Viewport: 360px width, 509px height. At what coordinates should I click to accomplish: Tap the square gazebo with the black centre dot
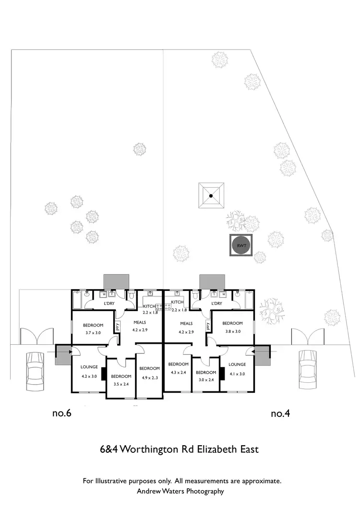point(211,195)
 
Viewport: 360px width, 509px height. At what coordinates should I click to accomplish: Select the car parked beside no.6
point(35,371)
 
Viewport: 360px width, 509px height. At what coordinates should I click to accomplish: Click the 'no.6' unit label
point(61,413)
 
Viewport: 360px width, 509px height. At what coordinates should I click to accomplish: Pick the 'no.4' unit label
point(281,413)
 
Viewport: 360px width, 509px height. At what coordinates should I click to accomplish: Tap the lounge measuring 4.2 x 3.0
point(89,371)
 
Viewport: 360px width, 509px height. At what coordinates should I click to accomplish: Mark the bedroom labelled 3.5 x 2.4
point(121,379)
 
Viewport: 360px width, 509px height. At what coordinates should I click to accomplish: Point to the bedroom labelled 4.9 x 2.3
point(149,372)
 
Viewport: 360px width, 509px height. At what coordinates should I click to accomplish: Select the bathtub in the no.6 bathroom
point(77,301)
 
